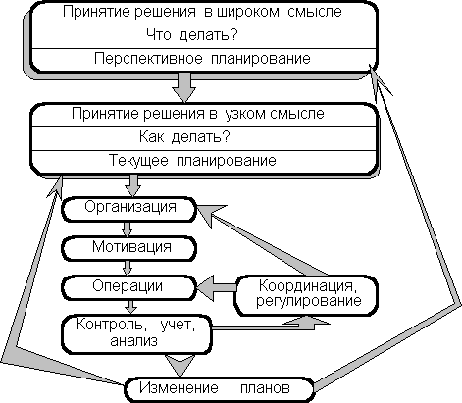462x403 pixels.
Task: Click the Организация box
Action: (x=129, y=209)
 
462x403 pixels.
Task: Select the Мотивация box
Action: (x=129, y=248)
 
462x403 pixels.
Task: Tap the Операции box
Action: (x=129, y=287)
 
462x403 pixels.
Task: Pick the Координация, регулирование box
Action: (x=306, y=296)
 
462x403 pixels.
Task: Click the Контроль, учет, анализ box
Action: (x=136, y=334)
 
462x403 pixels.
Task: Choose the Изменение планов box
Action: (x=219, y=389)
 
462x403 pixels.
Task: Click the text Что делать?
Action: (x=192, y=35)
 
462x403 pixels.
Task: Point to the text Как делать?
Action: (x=184, y=137)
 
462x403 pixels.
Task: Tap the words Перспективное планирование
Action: (x=202, y=59)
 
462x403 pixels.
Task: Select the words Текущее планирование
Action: (x=192, y=161)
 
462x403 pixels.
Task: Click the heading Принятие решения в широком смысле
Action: (x=202, y=12)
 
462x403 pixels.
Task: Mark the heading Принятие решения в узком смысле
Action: (x=198, y=114)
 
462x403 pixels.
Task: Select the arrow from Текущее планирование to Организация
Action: (x=133, y=185)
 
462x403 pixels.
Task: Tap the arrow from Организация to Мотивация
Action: (x=128, y=229)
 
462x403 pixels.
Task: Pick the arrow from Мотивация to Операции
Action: (x=128, y=268)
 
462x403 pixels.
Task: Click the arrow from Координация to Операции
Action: (x=216, y=287)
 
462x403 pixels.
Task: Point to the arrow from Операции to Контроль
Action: (x=131, y=307)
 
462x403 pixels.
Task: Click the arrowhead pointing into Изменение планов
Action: (x=180, y=366)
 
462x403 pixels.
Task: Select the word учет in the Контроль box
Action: (x=178, y=326)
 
